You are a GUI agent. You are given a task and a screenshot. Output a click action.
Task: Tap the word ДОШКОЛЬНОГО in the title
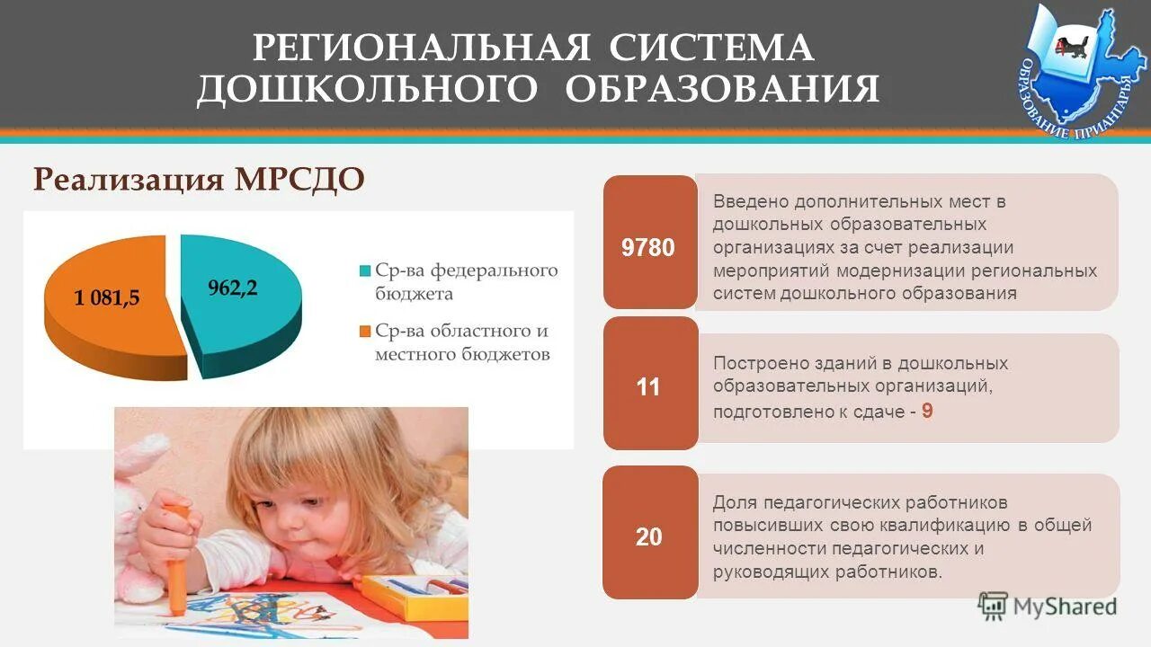click(369, 89)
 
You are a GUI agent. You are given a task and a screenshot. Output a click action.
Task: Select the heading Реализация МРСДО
click(199, 179)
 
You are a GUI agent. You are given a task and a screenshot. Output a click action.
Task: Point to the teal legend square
click(364, 270)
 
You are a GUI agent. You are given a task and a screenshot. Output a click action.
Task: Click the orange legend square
click(364, 332)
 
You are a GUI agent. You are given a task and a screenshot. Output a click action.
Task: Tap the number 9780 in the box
click(648, 247)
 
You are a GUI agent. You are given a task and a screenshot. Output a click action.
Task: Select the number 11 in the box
click(648, 387)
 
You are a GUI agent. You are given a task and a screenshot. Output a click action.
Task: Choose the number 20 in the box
click(648, 537)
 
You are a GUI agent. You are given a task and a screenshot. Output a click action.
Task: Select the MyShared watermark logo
click(1048, 607)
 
